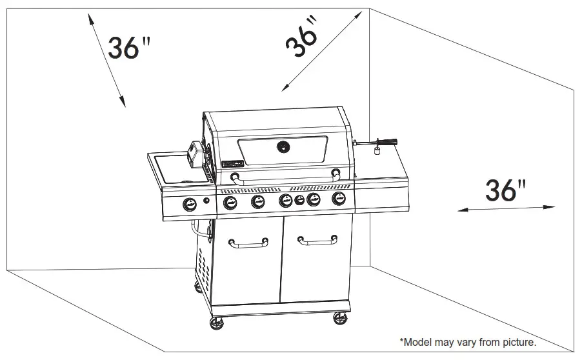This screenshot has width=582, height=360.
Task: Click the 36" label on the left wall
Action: pos(129,48)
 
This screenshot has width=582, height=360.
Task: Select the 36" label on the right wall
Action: pos(505,190)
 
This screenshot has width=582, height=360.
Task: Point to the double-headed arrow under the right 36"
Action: pos(506,208)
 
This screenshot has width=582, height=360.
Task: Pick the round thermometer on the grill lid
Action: pos(283,147)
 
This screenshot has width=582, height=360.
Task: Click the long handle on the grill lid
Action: pos(285,179)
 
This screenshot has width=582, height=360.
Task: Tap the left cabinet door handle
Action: pos(248,243)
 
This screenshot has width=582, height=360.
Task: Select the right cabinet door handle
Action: pos(317,241)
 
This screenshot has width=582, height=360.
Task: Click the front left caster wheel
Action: pos(217,323)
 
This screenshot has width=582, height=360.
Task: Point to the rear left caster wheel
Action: pos(198,286)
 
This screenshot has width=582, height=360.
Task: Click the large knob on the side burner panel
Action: pos(190,204)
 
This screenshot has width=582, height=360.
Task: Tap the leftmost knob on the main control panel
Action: pos(230,203)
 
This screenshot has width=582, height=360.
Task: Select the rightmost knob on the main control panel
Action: pos(339,198)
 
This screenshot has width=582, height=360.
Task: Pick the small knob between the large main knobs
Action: pos(299,201)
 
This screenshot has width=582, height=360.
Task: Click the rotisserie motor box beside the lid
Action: pos(196,154)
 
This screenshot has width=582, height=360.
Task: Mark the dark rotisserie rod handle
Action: pos(386,141)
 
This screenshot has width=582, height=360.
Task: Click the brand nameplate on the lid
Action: pos(232,164)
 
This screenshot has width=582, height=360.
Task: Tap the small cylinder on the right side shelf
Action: pos(377,151)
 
